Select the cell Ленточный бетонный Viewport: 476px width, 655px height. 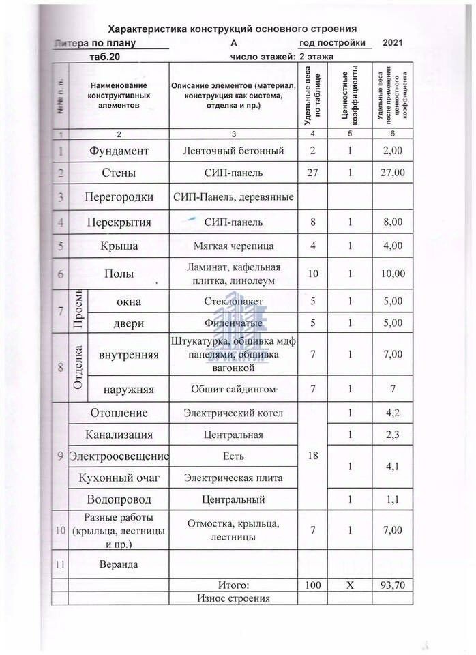234,150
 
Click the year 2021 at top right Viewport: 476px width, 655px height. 393,44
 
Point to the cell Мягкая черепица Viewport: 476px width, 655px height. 234,246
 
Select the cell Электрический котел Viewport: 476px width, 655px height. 234,413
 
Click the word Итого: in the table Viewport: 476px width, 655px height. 234,585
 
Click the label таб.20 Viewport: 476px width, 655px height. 104,57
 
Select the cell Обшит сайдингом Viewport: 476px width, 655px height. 234,390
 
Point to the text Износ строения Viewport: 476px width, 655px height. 234,598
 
